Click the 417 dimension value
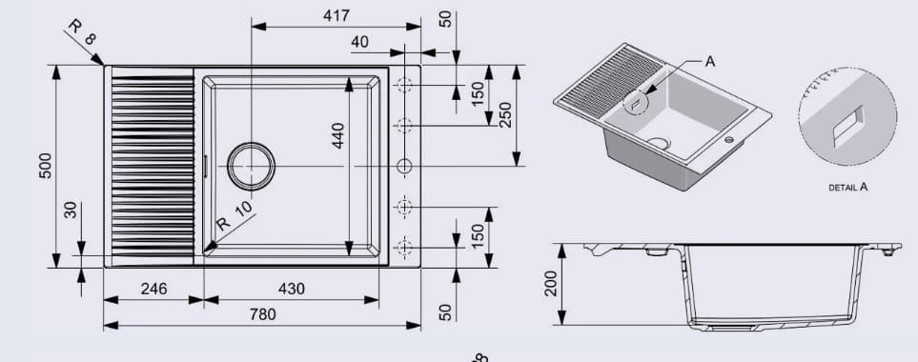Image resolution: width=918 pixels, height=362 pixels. [x=337, y=15]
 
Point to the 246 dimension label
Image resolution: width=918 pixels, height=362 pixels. [x=154, y=289]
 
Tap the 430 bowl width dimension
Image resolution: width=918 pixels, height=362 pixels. [x=292, y=289]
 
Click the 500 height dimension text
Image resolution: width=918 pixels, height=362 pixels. [x=45, y=168]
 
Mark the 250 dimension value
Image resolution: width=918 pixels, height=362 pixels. [x=505, y=115]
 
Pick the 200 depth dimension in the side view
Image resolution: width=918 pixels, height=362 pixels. [x=550, y=284]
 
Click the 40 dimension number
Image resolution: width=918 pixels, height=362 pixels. [x=359, y=41]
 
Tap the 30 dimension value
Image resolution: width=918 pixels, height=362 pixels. [x=70, y=209]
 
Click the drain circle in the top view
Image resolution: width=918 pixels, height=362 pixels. [x=250, y=166]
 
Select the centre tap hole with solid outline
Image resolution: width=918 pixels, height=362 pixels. [x=404, y=166]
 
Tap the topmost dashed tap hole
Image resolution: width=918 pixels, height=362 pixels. [x=404, y=86]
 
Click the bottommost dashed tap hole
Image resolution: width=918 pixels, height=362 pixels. [x=404, y=247]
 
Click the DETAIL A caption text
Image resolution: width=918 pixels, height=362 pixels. [x=847, y=188]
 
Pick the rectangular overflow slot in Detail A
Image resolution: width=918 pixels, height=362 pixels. [x=847, y=125]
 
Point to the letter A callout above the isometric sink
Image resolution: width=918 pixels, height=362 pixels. [x=709, y=61]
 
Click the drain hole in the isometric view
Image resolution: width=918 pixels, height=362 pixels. [x=657, y=142]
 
